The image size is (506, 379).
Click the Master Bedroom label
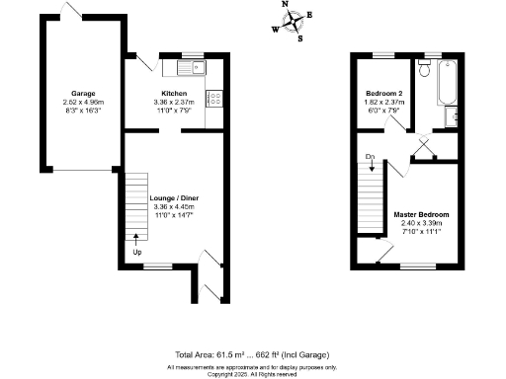422,214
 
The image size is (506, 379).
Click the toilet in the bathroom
423,69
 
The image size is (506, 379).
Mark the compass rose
293,23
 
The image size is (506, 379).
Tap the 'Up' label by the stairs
137,251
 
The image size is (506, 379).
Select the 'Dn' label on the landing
370,157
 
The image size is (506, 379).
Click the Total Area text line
252,353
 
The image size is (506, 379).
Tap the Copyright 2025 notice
252,374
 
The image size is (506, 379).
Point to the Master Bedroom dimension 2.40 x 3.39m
422,223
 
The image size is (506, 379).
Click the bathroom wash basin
453,117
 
